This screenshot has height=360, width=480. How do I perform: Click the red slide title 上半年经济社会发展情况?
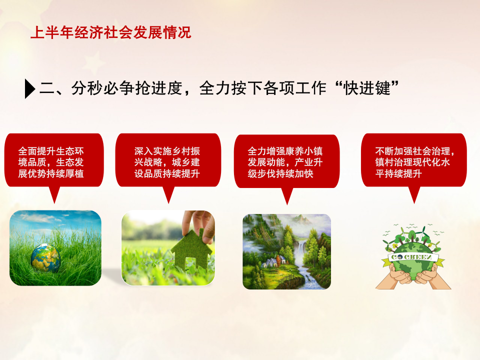(x=111, y=32)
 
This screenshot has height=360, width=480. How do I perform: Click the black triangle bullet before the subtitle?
(x=30, y=89)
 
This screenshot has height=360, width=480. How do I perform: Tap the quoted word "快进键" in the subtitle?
(x=367, y=88)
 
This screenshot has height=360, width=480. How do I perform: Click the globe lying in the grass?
(x=45, y=258)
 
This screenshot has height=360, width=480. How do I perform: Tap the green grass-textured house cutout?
(x=191, y=248)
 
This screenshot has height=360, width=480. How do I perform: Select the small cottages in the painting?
(x=274, y=261)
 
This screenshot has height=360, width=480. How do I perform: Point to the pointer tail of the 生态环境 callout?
(x=54, y=194)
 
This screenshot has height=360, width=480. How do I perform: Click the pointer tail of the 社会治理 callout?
(x=414, y=194)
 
